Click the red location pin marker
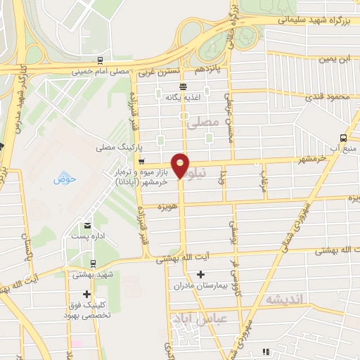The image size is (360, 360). point(181,165)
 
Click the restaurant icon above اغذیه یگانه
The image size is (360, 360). point(183,86)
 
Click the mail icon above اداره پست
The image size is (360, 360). point(87,226)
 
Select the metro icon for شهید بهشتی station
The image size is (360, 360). point(94,264)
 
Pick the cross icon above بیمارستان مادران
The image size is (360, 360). point(201,273)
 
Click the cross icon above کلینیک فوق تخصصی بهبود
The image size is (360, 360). point(86,295)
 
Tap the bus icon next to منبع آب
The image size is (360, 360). point(343,138)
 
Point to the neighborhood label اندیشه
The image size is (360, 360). point(284,299)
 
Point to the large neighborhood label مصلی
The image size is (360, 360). point(204,122)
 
